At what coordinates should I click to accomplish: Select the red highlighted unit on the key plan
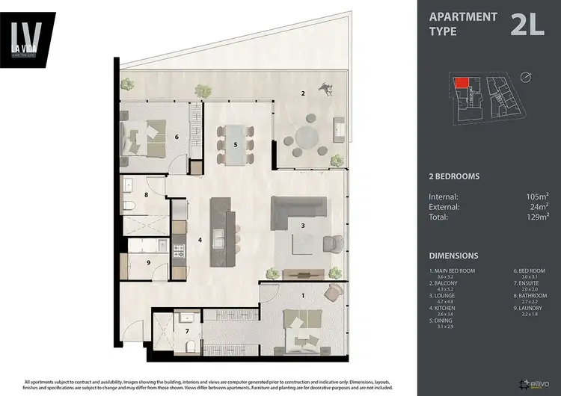[464, 83]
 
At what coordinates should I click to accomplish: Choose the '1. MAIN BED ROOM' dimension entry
[452, 272]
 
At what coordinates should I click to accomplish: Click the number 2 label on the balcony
[302, 93]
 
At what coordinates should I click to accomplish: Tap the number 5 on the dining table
[236, 144]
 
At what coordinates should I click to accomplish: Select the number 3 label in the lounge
[302, 225]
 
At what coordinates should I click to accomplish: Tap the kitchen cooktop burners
[179, 252]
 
